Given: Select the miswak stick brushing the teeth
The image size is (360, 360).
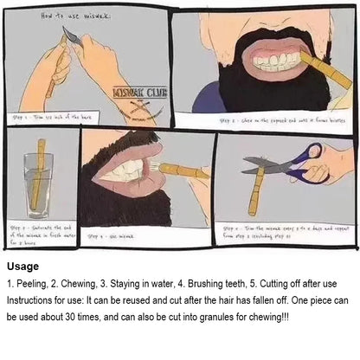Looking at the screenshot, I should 182,172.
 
